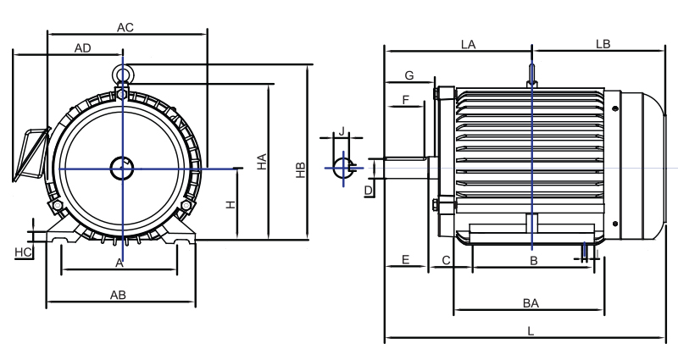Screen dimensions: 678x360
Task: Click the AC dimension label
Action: [x=125, y=28]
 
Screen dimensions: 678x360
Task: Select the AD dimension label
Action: [x=82, y=48]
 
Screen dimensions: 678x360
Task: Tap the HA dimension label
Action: [x=262, y=162]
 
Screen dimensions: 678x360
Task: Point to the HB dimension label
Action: [x=301, y=170]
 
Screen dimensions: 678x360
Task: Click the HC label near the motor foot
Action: [x=23, y=252]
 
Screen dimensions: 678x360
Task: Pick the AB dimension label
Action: [x=118, y=295]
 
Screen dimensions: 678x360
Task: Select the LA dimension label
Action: [x=469, y=45]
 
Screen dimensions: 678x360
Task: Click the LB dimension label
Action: [x=603, y=44]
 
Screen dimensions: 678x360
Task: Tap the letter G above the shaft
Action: [x=409, y=75]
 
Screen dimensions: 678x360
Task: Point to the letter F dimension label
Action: [x=406, y=100]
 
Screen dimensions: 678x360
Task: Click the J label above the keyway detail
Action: [x=342, y=131]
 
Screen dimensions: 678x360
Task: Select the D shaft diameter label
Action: [x=369, y=191]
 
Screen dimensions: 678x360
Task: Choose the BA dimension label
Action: [x=531, y=303]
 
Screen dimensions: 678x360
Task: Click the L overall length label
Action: [x=531, y=331]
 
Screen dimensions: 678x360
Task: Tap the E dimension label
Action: [x=405, y=260]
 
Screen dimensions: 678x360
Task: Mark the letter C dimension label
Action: [x=447, y=261]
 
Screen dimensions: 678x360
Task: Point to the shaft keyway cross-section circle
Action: [x=335, y=168]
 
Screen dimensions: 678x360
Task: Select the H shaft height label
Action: [x=231, y=204]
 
